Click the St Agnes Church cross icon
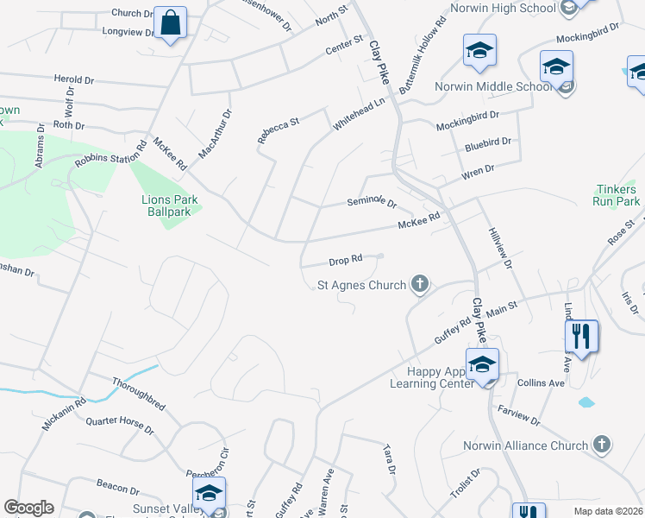click(420, 284)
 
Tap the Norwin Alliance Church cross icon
click(602, 445)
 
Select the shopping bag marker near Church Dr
click(172, 23)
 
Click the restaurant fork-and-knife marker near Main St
click(582, 336)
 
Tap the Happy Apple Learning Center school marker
click(483, 365)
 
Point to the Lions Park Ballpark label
click(170, 205)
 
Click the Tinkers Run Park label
click(617, 195)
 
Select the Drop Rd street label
click(344, 260)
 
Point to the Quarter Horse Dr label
click(119, 426)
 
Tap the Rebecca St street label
click(278, 129)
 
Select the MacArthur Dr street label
click(216, 134)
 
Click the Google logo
click(29, 508)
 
